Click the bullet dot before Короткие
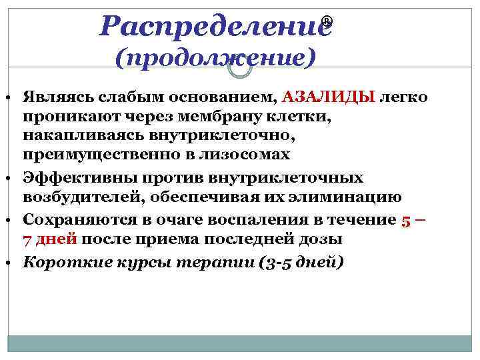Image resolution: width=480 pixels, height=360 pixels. (x=13, y=262)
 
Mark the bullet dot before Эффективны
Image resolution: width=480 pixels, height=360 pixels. (x=13, y=178)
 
